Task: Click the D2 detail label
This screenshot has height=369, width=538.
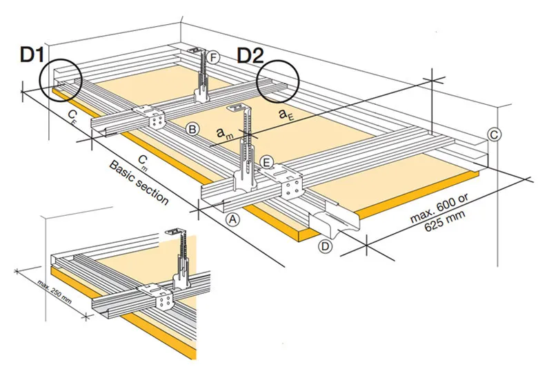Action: pos(252,54)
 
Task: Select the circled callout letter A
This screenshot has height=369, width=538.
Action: pos(233,219)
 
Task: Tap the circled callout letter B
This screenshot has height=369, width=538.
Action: pos(193,128)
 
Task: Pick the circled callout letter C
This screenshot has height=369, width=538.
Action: pos(494,134)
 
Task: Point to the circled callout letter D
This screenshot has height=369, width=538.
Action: pos(325,246)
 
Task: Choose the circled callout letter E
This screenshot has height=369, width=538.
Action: pos(268,163)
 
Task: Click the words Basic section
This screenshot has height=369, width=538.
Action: pos(138,183)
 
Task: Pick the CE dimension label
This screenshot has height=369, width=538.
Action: pos(72,115)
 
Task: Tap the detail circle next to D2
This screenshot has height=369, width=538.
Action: pos(278,81)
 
